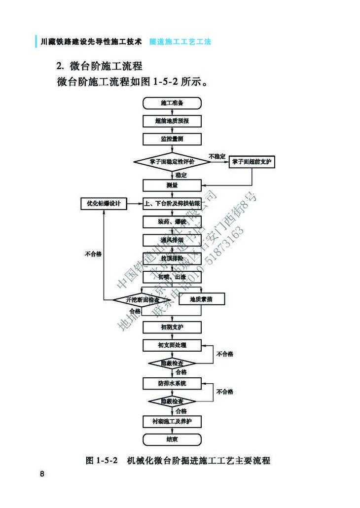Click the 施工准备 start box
[172, 103]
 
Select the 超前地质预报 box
[172, 121]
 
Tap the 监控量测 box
[172, 139]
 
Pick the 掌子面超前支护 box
[252, 162]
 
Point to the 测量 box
[172, 185]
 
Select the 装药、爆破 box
[172, 222]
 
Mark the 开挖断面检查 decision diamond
[143, 299]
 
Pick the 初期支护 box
[172, 327]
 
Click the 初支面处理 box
[172, 345]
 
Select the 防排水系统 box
[172, 383]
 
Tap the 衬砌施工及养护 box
[172, 421]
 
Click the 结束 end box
[172, 439]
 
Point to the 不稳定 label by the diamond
[217, 156]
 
